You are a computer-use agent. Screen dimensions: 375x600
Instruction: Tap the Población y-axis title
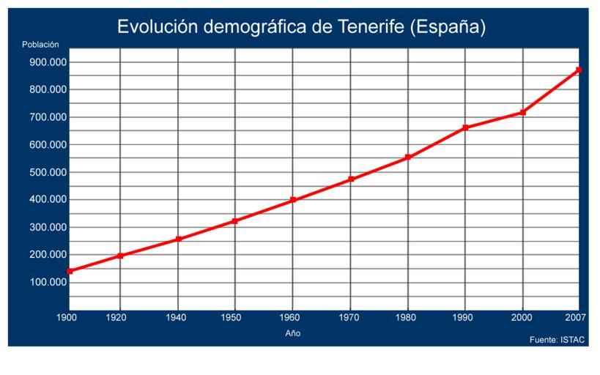40,45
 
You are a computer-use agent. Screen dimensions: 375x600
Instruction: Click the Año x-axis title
293,333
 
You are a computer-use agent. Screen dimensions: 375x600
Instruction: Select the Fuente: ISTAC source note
558,340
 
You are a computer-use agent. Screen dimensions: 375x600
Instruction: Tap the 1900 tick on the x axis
67,317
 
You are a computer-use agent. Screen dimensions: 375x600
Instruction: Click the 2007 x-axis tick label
575,317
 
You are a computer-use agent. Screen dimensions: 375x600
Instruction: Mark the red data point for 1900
70,271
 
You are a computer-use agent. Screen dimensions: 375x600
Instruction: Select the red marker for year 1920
120,256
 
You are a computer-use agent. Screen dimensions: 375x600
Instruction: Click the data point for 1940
178,240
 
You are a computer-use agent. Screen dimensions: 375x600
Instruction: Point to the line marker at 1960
293,200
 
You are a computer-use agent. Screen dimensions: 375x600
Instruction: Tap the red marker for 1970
351,179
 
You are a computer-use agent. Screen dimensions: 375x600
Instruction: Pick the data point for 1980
408,157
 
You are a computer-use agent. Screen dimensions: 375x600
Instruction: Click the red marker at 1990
465,127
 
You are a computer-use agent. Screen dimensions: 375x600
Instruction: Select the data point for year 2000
522,112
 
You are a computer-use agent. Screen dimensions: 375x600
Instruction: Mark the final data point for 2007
579,70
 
